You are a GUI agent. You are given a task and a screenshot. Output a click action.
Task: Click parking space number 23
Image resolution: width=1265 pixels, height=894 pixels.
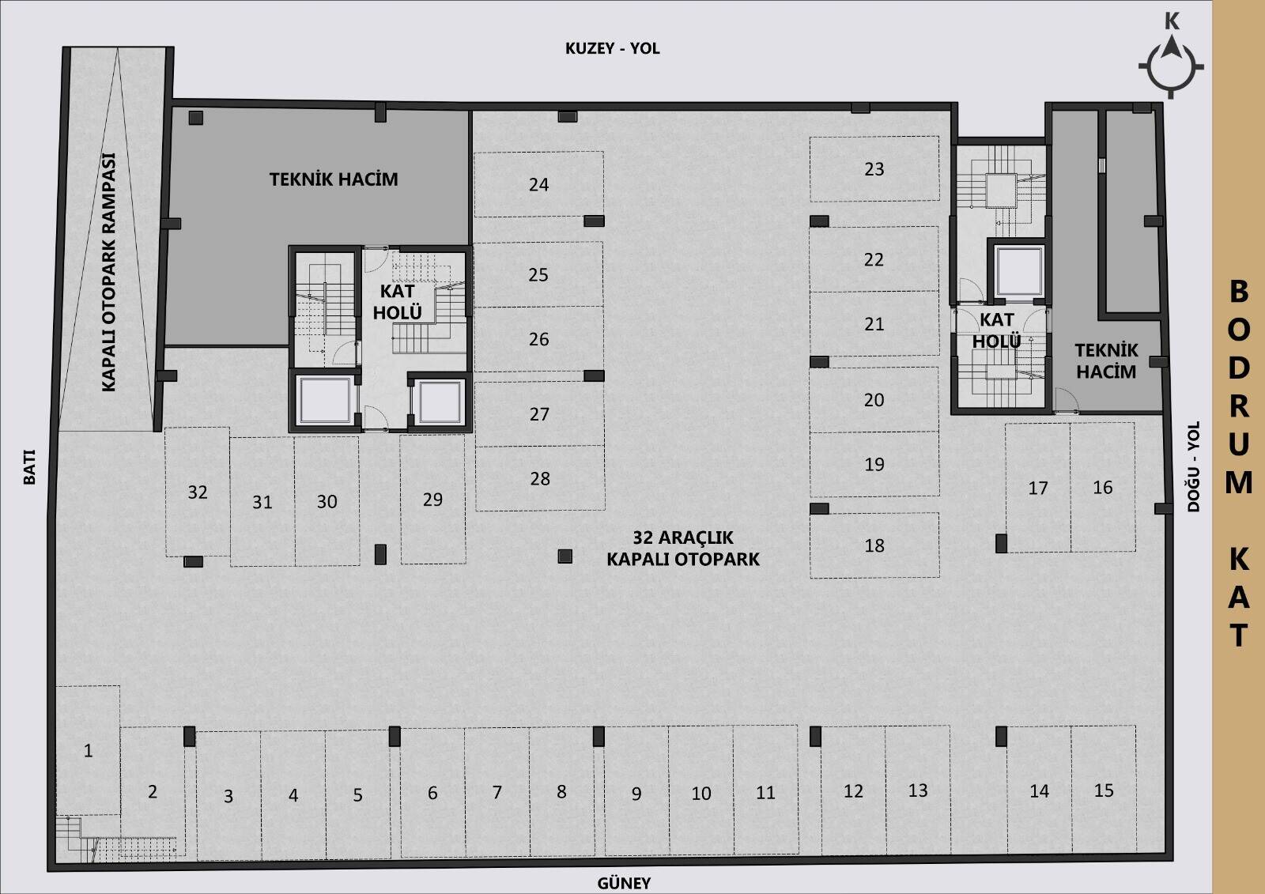(x=874, y=169)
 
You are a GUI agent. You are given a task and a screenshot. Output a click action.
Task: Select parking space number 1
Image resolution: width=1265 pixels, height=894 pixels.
(x=88, y=750)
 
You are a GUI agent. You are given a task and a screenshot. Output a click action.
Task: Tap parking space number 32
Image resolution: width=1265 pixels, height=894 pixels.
(x=198, y=492)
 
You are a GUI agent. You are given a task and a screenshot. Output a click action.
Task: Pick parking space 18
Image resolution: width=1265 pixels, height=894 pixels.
(x=874, y=545)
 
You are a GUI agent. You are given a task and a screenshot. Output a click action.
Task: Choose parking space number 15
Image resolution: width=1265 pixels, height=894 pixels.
(x=1104, y=790)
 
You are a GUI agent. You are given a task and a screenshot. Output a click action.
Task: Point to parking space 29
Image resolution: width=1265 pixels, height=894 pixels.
(x=432, y=500)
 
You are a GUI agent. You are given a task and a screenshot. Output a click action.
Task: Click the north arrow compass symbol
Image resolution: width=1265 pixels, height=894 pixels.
(x=1171, y=66)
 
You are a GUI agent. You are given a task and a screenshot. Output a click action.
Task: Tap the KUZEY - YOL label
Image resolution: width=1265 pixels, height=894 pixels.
(x=613, y=48)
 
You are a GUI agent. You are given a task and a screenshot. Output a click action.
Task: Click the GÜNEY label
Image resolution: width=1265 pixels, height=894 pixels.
(x=624, y=882)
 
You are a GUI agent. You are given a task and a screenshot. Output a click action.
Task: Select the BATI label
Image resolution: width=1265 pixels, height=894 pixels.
(x=29, y=467)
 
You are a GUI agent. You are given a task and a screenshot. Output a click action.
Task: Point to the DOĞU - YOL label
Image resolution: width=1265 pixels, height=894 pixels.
(x=1193, y=466)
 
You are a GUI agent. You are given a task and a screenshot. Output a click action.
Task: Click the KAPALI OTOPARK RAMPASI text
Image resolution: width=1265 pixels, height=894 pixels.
(x=108, y=272)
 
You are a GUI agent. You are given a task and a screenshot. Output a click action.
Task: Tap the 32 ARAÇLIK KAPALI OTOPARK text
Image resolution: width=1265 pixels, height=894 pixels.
(x=683, y=548)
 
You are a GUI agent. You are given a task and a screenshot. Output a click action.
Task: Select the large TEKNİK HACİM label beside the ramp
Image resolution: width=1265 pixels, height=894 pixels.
(x=334, y=179)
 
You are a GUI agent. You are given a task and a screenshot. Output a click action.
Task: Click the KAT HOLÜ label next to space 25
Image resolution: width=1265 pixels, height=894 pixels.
(x=398, y=302)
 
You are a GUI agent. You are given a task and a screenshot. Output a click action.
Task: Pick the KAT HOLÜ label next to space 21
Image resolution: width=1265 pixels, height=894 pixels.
(x=997, y=330)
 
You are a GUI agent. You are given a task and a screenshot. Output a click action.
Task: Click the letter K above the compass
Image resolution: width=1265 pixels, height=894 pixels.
(x=1172, y=21)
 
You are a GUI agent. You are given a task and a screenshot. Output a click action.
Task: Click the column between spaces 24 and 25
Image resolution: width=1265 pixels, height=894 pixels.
(x=594, y=221)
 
